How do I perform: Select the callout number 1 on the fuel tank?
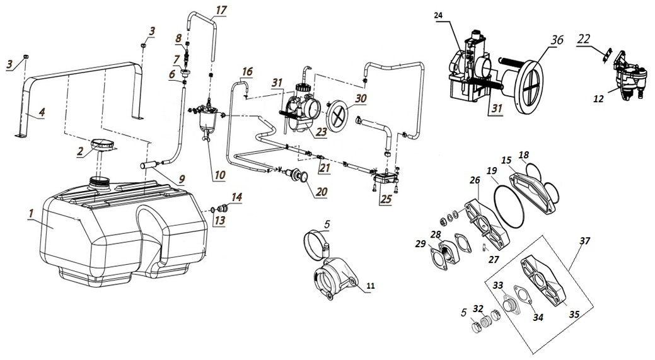[30, 215]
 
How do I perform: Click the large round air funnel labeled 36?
[538, 83]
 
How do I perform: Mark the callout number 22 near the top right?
[584, 39]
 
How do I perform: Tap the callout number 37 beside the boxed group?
[584, 240]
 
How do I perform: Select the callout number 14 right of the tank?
[236, 197]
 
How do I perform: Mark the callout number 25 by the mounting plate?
[384, 200]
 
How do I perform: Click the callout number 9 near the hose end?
[181, 180]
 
